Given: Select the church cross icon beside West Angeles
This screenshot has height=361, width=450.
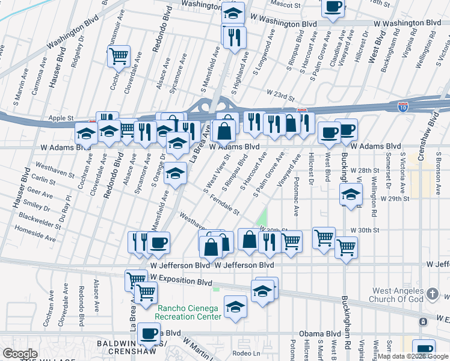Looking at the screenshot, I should [x=432, y=295].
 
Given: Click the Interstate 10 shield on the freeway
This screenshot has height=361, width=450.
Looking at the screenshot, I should [x=403, y=108].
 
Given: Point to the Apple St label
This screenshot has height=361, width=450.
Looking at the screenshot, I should [x=61, y=118].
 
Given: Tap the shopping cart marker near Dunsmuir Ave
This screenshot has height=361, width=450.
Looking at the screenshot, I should [x=119, y=56].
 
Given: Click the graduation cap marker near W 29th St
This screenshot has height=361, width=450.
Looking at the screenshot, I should [x=351, y=194].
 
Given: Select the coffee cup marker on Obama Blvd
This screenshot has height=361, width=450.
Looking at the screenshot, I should [x=149, y=332].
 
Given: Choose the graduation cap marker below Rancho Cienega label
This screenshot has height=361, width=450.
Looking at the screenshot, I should [x=235, y=306].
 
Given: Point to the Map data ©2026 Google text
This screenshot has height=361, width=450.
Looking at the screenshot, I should [x=413, y=356].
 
